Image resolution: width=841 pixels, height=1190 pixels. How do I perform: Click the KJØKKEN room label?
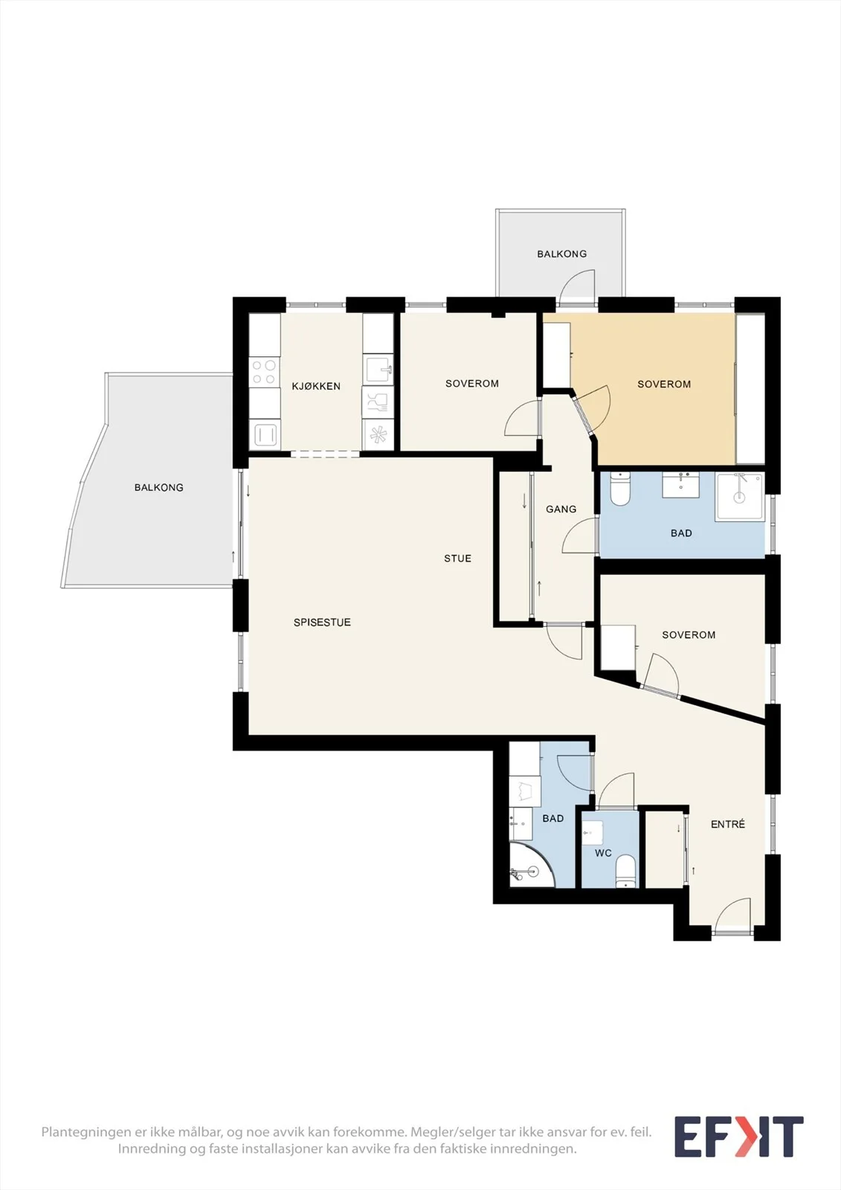(x=316, y=386)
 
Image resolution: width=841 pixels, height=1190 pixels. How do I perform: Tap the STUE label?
(x=457, y=559)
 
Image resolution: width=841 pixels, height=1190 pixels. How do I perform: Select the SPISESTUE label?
(x=322, y=622)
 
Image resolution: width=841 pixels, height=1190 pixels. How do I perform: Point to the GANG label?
(x=561, y=509)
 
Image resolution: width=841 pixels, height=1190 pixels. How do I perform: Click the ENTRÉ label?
(x=728, y=824)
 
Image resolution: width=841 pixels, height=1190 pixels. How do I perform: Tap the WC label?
(x=604, y=853)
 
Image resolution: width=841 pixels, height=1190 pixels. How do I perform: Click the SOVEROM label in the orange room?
(x=664, y=384)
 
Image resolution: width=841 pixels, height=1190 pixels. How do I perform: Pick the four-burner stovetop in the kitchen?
(x=265, y=372)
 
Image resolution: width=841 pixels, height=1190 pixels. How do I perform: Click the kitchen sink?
(x=378, y=370)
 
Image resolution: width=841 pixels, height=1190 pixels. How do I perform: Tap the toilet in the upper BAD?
(x=619, y=489)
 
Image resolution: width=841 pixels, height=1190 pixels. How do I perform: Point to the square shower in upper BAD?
(x=740, y=498)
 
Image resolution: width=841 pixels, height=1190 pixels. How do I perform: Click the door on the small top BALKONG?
(x=578, y=288)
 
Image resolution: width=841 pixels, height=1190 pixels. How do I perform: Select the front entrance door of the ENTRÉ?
(x=732, y=916)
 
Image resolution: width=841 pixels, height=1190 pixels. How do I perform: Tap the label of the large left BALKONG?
(x=159, y=487)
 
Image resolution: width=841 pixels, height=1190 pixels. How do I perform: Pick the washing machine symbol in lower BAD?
(x=525, y=791)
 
